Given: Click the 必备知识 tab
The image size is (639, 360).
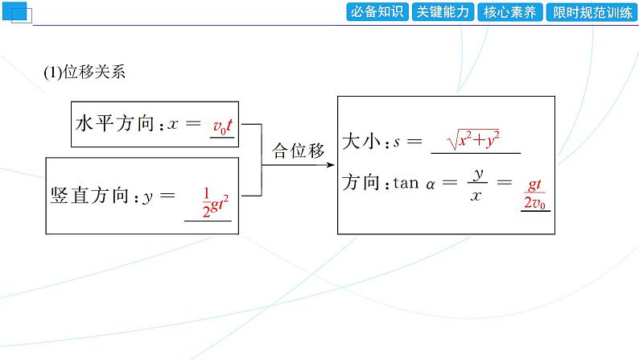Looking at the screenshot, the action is click(377, 12).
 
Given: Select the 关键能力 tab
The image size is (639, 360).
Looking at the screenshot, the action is click(443, 12).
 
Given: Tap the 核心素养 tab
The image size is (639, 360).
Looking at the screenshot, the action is click(509, 12).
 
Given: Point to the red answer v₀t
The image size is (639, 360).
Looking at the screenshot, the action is click(222, 126).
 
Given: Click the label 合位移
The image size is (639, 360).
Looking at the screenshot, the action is click(298, 151).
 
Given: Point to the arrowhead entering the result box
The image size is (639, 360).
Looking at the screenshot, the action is click(332, 164).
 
